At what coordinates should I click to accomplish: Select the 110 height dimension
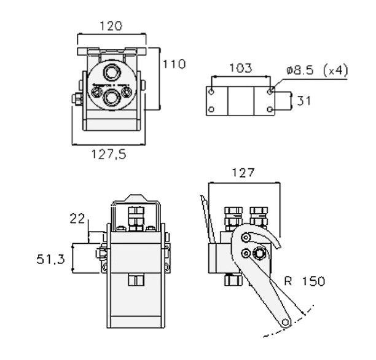click(174, 63)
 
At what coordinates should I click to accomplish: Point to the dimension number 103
click(240, 68)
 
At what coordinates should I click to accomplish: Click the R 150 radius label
click(304, 282)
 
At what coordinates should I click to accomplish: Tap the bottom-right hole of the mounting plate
click(271, 110)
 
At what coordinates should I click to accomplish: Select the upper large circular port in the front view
click(112, 72)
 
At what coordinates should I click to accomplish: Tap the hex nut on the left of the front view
click(77, 100)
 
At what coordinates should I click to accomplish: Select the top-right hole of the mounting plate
click(271, 92)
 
